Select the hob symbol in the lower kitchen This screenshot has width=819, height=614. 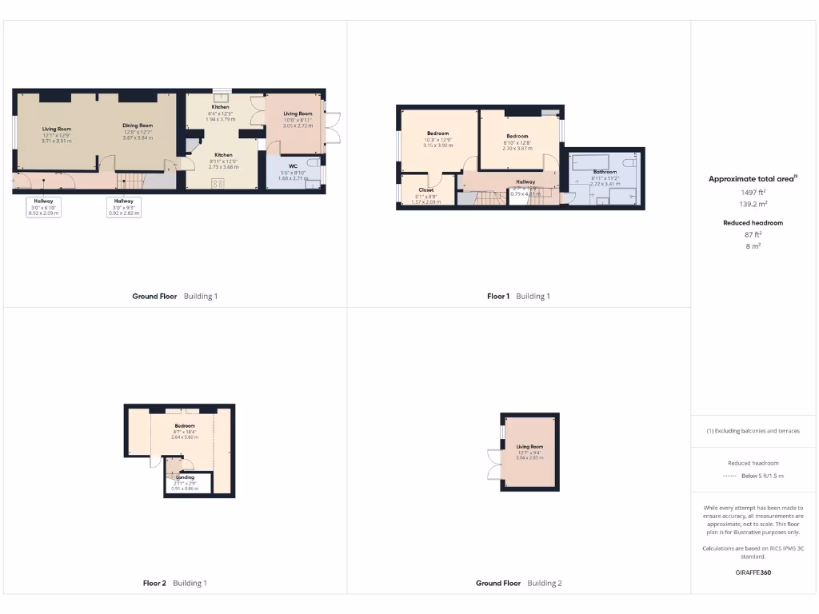pos(218,182)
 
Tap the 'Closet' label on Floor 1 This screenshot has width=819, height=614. pos(425,190)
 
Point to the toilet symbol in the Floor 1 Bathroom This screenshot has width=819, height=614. pos(633,162)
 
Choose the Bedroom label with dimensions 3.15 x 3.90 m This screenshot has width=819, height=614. pos(437,134)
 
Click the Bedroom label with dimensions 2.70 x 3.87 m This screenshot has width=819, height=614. pos(517,136)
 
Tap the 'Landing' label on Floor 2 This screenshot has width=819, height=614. pos(185,477)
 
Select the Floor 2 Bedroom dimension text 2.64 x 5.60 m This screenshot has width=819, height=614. pos(185,437)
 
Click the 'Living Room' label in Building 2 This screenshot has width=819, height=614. pos(529,447)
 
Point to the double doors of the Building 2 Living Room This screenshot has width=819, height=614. pos(491,464)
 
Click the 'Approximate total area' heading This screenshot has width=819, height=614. pos(753,179)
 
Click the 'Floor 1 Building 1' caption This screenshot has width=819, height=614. pos(518,297)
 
